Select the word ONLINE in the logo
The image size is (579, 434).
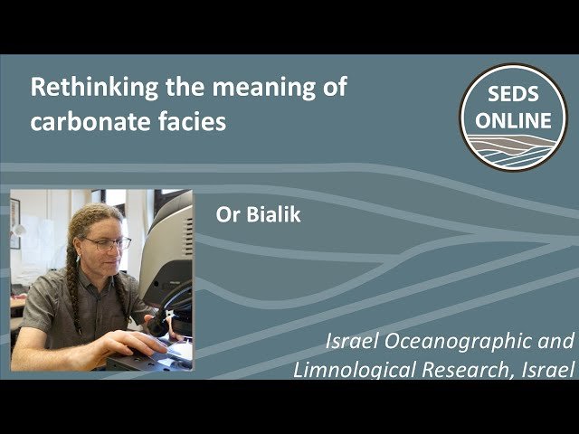(x=513, y=120)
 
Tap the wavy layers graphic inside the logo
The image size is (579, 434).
(x=513, y=148)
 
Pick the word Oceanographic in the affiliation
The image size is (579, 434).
(x=470, y=342)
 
